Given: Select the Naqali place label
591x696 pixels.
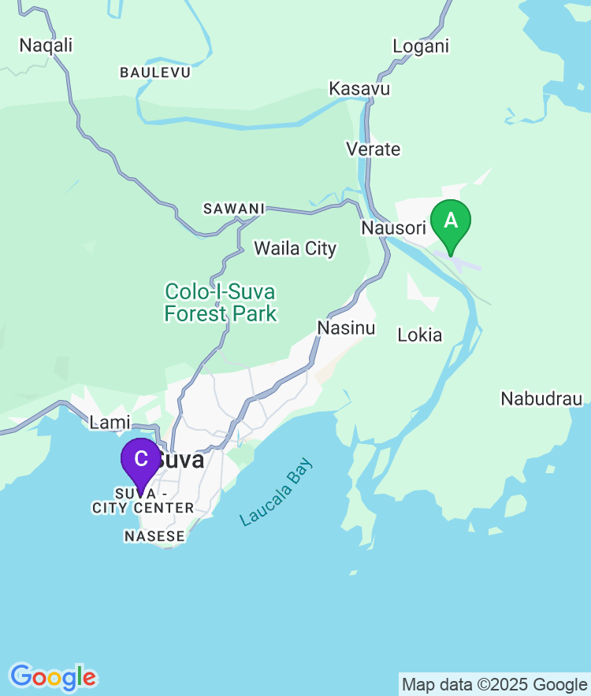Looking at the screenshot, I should point(46,45).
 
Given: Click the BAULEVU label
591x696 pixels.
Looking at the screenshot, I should point(155,72).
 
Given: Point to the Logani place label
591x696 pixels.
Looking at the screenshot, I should point(421,46).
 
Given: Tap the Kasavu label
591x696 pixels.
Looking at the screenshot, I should point(359,88).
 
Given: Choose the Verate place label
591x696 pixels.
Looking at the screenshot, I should point(374,149).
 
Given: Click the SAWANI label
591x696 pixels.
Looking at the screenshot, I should point(234,209).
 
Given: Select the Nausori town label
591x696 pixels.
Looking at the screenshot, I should point(393,228).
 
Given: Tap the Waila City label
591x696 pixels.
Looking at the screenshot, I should point(295,249).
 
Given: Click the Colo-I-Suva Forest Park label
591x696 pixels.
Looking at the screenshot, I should point(221,302).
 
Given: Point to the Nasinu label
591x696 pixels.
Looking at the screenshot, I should point(346,328).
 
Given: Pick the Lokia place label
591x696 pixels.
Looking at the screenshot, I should point(420,335).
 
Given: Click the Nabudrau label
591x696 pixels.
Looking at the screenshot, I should point(541,398).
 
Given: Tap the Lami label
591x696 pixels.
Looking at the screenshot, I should point(110,422).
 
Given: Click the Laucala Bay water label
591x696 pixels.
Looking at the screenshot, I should point(277,492).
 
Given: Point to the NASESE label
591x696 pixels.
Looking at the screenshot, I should point(154,536).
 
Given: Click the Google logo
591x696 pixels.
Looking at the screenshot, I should point(53,676).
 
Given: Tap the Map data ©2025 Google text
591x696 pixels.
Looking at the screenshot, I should point(495,684).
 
